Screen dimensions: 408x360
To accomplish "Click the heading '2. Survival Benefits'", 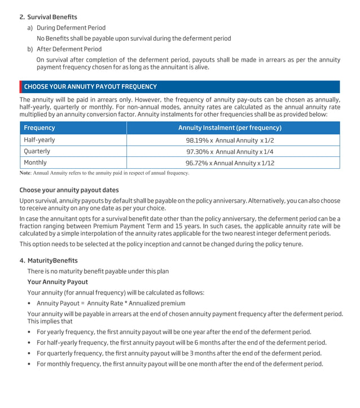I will coord(49,17).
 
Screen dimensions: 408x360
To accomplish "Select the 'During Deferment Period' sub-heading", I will coord(71,28).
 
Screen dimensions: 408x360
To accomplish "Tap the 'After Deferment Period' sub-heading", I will coord(69,49).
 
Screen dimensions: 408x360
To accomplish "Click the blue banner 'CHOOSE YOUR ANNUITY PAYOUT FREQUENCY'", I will coord(90,87).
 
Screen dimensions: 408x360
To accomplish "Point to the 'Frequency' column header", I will coord(39,128).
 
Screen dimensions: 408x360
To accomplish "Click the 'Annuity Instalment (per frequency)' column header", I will coord(230,128).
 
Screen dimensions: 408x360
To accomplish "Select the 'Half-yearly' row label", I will coord(39,139).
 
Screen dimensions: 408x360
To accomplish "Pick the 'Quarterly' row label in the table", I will coord(37,151).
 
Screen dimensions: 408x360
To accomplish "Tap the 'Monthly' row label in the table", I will coord(35,163).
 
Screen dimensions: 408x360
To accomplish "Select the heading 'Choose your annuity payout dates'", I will coord(69,190).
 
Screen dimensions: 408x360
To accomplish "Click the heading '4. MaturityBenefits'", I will coord(49,261).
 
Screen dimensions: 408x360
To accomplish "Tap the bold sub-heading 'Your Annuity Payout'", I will coord(58,282).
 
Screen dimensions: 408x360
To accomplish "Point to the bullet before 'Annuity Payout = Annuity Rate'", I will coord(29,304).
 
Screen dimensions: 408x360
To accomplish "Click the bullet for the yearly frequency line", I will coord(29,332).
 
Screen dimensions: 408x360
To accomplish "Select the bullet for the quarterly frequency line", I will coord(29,354).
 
